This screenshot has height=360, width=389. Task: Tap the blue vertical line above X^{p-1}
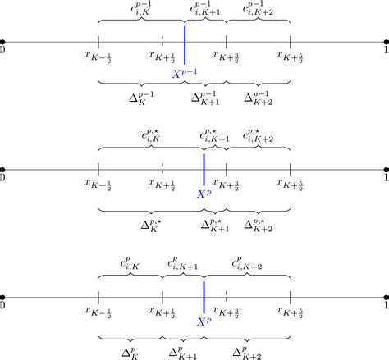(185, 45)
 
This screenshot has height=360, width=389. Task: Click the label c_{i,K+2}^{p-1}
(259, 9)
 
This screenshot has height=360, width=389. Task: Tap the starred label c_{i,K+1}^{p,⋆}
(214, 135)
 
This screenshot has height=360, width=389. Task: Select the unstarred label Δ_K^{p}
(130, 351)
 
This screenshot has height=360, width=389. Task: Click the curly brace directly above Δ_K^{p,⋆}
(150, 211)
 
